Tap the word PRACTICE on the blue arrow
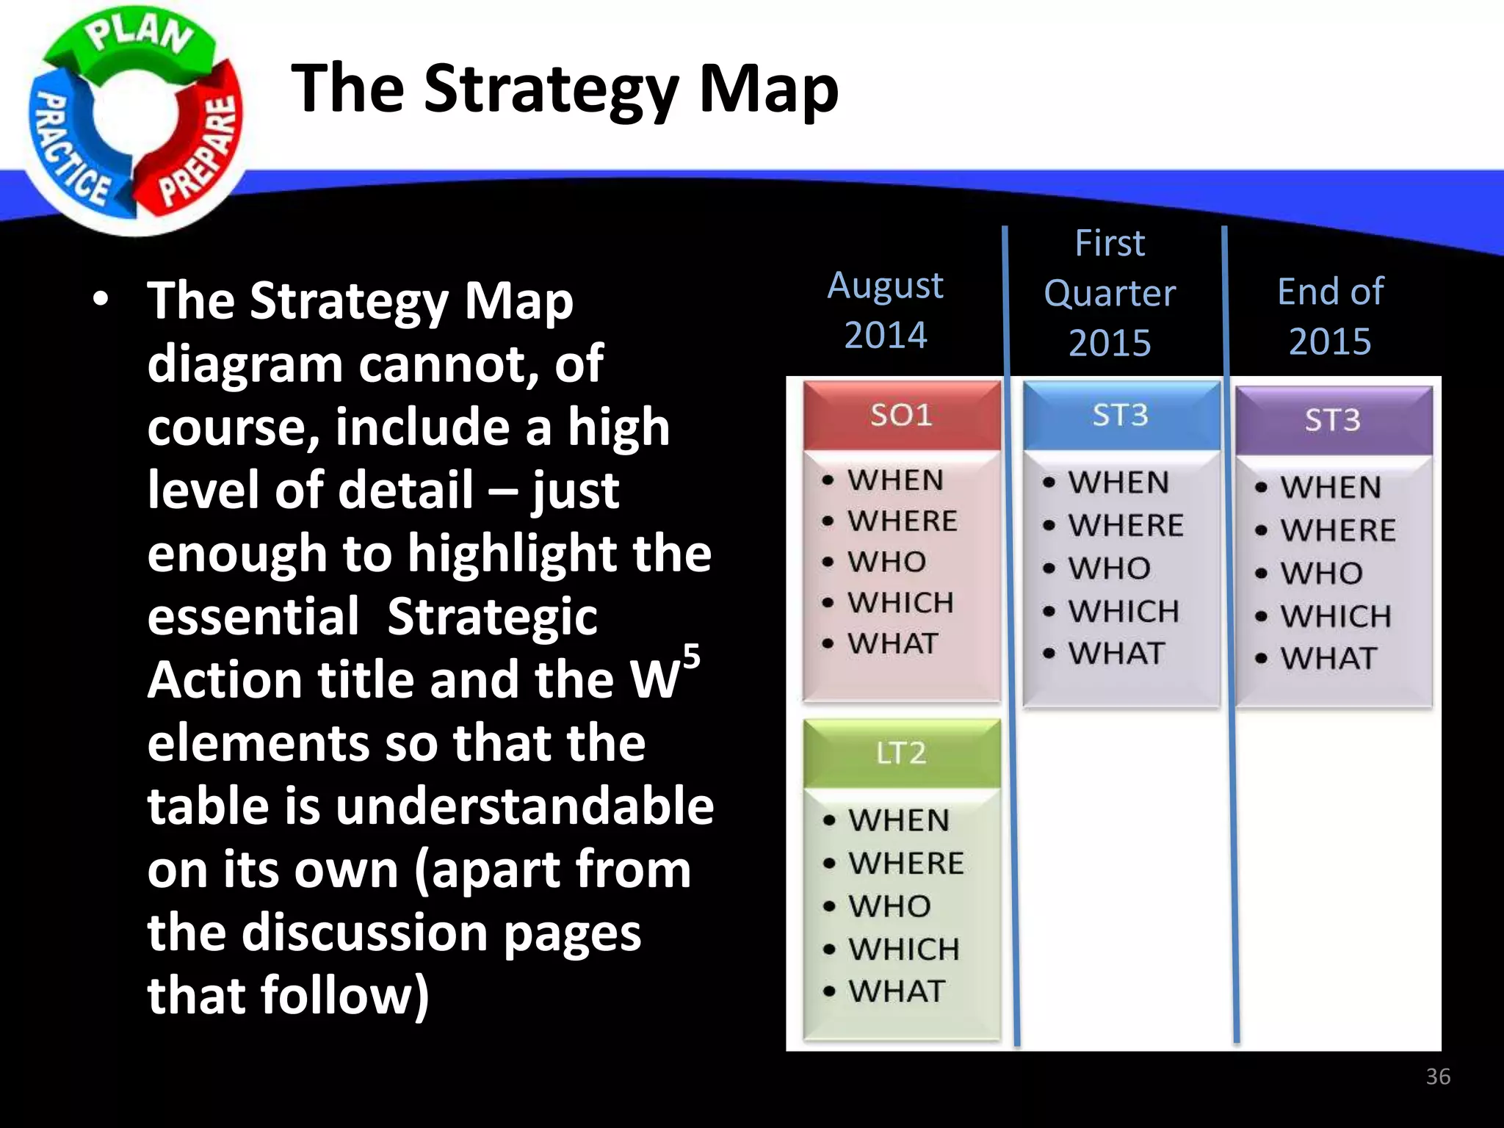pyautogui.click(x=70, y=151)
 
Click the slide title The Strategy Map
pyautogui.click(x=565, y=89)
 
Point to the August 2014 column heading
pyautogui.click(x=886, y=309)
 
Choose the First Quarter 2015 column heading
pyautogui.click(x=1110, y=293)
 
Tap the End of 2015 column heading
pyautogui.click(x=1330, y=316)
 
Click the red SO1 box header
pyautogui.click(x=901, y=416)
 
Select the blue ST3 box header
pyautogui.click(x=1120, y=416)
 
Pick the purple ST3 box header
pyautogui.click(x=1332, y=420)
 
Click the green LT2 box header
pyautogui.click(x=901, y=753)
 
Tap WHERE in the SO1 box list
pyautogui.click(x=903, y=521)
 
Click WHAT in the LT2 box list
pyautogui.click(x=897, y=991)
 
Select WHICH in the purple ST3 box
pyautogui.click(x=1336, y=616)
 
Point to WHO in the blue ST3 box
pyautogui.click(x=1109, y=568)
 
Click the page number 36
pyautogui.click(x=1438, y=1077)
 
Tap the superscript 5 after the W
pyautogui.click(x=691, y=655)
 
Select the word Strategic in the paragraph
pyautogui.click(x=492, y=617)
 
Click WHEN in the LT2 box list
pyautogui.click(x=899, y=820)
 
